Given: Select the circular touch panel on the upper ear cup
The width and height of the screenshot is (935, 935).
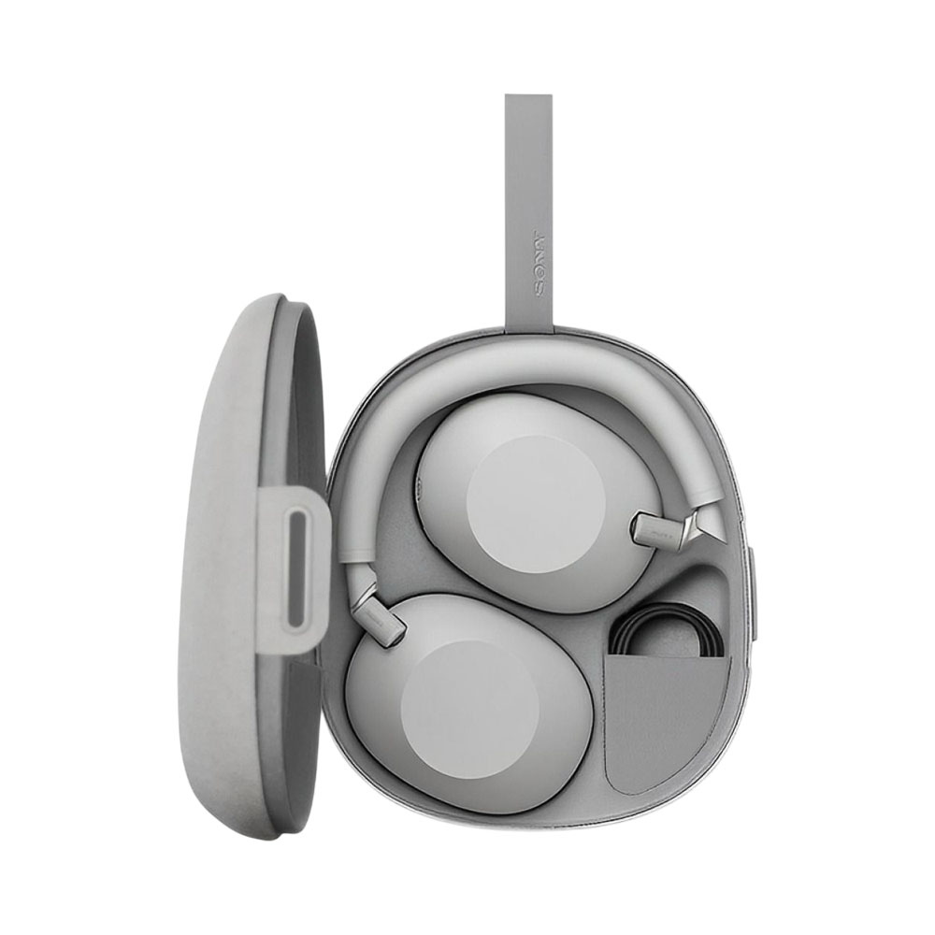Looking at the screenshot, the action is tap(536, 503).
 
